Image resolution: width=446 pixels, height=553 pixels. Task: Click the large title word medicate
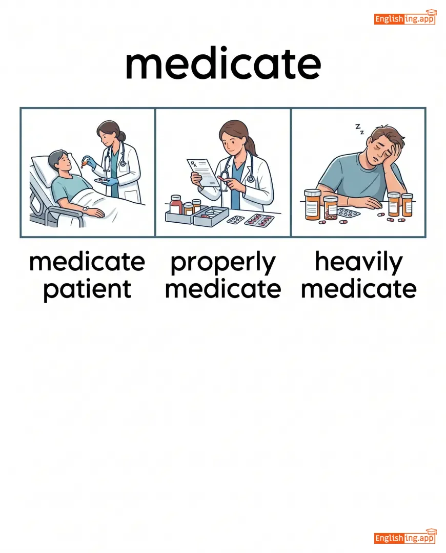(223, 65)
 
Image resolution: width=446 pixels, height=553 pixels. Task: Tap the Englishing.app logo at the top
(405, 17)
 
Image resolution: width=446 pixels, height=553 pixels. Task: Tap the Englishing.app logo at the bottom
(405, 537)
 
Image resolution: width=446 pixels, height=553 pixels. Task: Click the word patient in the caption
(87, 290)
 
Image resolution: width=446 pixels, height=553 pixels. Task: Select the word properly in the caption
(223, 263)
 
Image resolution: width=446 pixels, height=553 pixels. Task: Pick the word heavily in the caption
(359, 262)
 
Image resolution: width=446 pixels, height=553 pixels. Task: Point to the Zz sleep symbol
(359, 129)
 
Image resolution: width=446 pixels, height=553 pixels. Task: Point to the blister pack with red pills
(259, 220)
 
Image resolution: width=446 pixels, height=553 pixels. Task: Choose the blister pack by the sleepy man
(348, 213)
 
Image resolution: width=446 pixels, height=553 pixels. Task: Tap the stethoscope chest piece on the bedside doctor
(123, 163)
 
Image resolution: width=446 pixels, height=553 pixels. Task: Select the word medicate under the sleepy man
(359, 289)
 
